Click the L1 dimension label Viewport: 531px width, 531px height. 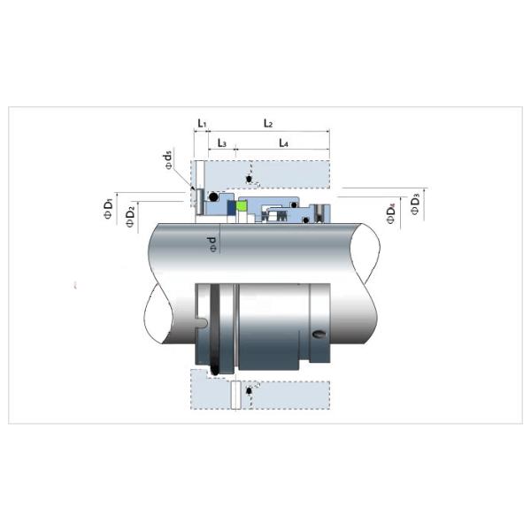coord(201,123)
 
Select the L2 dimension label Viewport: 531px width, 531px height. coord(268,123)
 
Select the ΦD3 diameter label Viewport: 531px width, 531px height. coord(415,205)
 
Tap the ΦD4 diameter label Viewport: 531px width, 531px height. coord(392,213)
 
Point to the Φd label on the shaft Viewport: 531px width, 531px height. coord(212,242)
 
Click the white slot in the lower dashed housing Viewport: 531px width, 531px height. coord(234,395)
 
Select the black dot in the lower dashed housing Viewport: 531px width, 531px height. coord(250,389)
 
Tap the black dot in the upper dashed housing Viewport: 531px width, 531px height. coord(250,180)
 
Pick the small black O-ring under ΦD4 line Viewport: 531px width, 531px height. coord(308,216)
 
